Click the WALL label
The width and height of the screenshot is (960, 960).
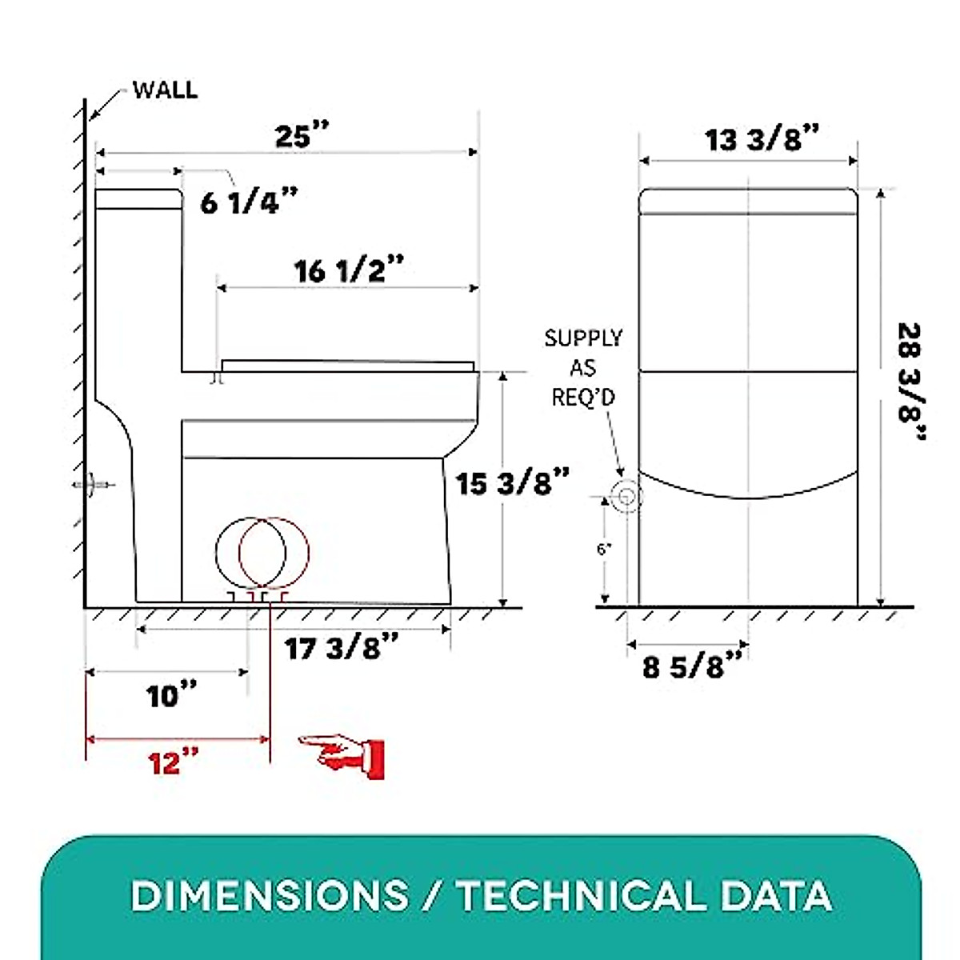[x=165, y=90]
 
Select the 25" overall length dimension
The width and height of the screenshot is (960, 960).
[x=302, y=137]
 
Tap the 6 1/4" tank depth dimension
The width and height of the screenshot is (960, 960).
[x=248, y=202]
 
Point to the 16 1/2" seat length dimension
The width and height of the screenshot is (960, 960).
[x=350, y=271]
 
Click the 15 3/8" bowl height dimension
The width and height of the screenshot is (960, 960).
[x=513, y=483]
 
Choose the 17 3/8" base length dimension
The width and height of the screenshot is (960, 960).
[x=342, y=648]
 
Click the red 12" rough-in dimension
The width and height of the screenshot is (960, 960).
[x=174, y=762]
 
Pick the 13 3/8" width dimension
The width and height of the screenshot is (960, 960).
[x=762, y=140]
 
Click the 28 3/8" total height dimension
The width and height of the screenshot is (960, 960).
[x=910, y=382]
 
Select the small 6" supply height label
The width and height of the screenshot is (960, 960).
[x=604, y=550]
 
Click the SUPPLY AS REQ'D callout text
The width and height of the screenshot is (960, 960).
[x=583, y=367]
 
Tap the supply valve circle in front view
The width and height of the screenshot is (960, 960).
[x=625, y=497]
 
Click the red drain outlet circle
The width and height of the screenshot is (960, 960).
[x=274, y=551]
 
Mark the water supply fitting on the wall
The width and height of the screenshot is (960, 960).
[x=92, y=485]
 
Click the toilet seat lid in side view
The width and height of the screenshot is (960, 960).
[x=348, y=366]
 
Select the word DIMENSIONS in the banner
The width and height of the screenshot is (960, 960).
[x=269, y=896]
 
